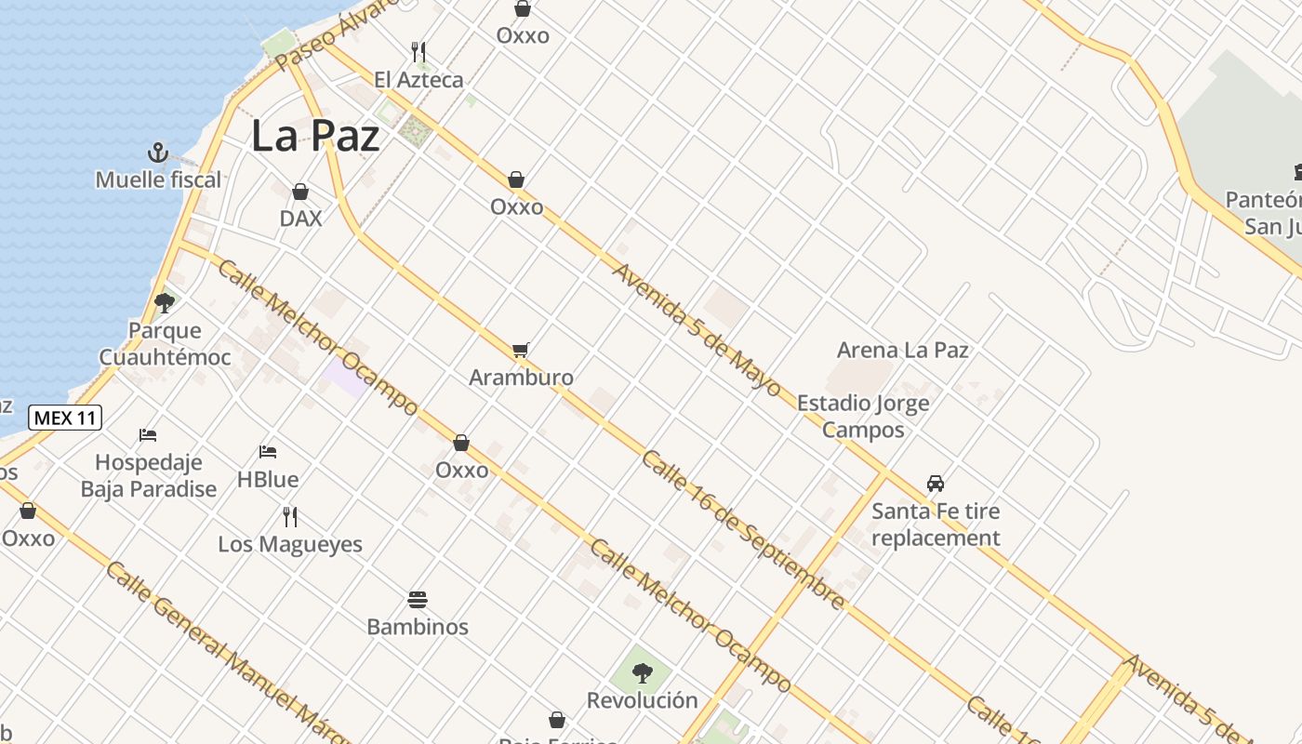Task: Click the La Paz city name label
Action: [x=315, y=136]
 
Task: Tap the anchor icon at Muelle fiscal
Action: [x=158, y=153]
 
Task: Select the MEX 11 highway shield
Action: [x=65, y=418]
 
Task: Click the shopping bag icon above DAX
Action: [x=300, y=192]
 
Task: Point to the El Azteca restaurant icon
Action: [x=418, y=52]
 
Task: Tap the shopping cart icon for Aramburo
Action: [x=521, y=351]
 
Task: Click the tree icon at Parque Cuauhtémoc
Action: [x=165, y=302]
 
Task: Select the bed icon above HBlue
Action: [x=268, y=453]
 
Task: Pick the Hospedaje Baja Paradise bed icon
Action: [x=148, y=434]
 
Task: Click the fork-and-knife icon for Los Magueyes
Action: [x=290, y=517]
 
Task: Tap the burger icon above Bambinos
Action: [x=418, y=600]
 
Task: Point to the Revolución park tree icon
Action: [x=642, y=672]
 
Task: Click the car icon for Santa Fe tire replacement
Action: [x=936, y=484]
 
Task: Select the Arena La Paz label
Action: [x=902, y=351]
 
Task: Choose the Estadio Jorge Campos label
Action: [x=863, y=417]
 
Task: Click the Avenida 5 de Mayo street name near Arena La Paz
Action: [x=697, y=329]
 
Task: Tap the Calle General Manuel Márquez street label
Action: [x=223, y=651]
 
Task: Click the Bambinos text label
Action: [x=418, y=627]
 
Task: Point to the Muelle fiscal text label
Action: [x=158, y=179]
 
